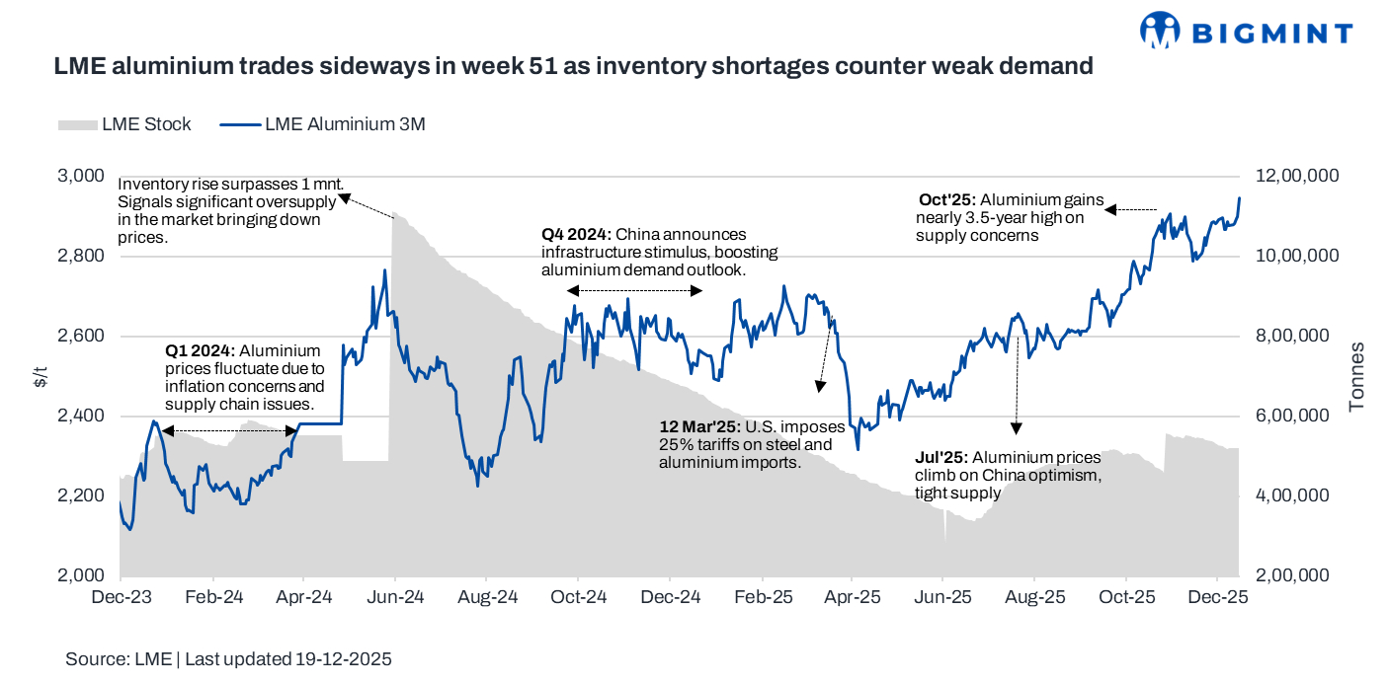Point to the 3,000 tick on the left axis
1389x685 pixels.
pyautogui.click(x=82, y=176)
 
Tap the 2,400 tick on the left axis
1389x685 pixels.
pyautogui.click(x=82, y=416)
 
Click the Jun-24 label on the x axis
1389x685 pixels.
pyautogui.click(x=396, y=597)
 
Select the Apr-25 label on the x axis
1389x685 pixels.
pyautogui.click(x=853, y=597)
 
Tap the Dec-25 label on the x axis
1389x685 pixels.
pyautogui.click(x=1219, y=597)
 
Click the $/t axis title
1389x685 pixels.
pyautogui.click(x=39, y=375)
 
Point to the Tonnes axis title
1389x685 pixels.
pyautogui.click(x=1356, y=375)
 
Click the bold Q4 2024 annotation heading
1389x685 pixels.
pyautogui.click(x=576, y=235)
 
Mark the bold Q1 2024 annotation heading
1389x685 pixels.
pyautogui.click(x=200, y=351)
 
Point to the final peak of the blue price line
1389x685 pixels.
pyautogui.click(x=1239, y=197)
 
